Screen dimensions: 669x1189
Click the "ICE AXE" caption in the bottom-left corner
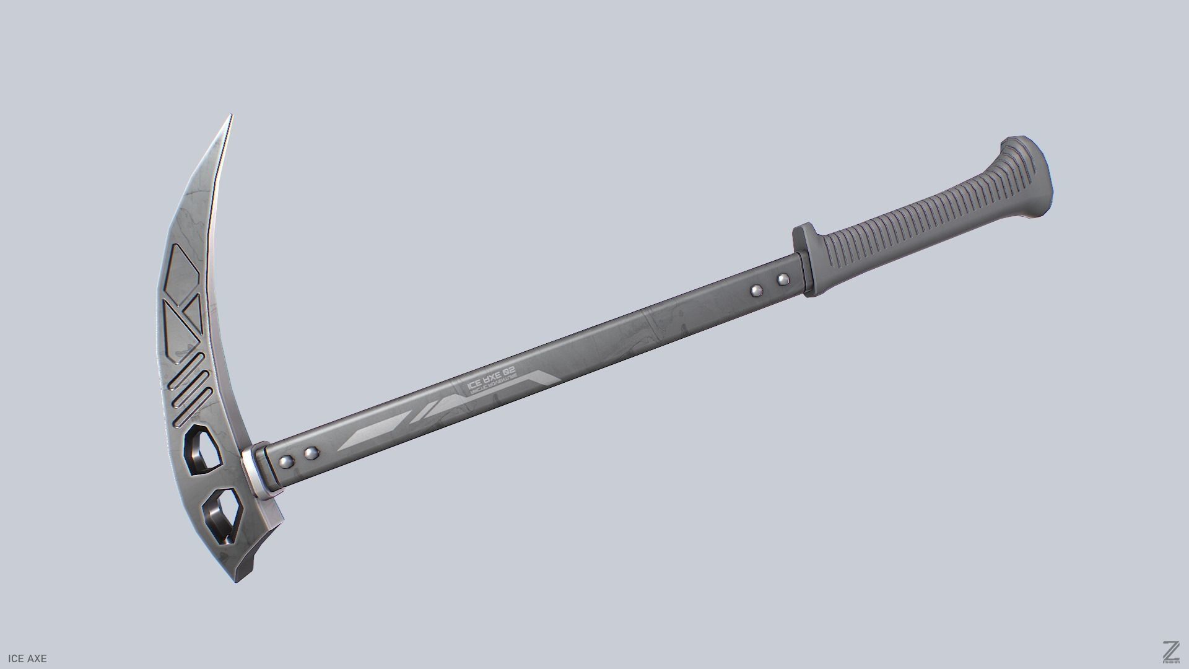[24, 658]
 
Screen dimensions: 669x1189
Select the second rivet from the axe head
[310, 455]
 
